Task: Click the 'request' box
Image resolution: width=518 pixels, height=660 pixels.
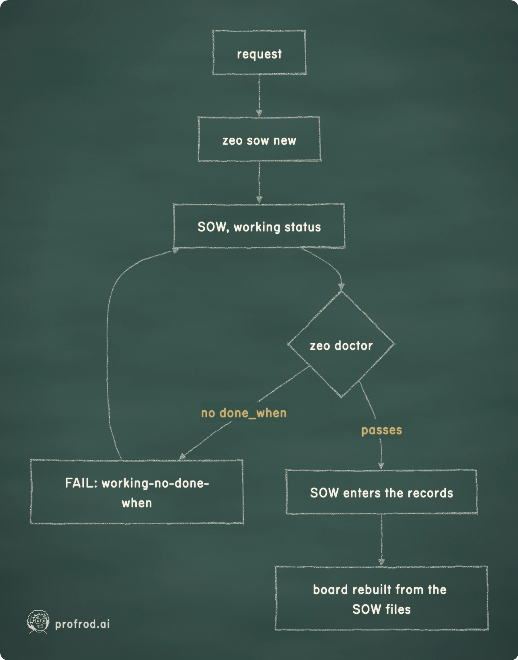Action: pyautogui.click(x=259, y=52)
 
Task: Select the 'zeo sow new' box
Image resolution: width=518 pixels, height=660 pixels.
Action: pyautogui.click(x=259, y=139)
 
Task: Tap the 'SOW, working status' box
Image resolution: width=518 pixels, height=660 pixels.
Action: pyautogui.click(x=259, y=226)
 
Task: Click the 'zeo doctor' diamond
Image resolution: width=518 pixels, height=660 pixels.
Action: pyautogui.click(x=341, y=344)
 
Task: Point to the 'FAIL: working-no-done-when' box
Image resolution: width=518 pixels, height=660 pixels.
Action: pyautogui.click(x=137, y=492)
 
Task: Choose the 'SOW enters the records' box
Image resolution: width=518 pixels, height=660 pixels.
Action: pyautogui.click(x=381, y=492)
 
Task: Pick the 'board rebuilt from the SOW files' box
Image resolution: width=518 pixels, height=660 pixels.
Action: pyautogui.click(x=381, y=598)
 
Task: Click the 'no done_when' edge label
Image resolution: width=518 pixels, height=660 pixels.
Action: pyautogui.click(x=244, y=413)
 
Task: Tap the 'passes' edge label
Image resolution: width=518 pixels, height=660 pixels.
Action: pyautogui.click(x=382, y=430)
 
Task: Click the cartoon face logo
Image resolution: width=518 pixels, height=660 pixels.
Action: pyautogui.click(x=38, y=622)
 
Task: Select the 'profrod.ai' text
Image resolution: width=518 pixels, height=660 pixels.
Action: pyautogui.click(x=82, y=624)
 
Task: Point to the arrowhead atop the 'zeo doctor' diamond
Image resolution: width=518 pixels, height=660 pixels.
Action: pyautogui.click(x=341, y=287)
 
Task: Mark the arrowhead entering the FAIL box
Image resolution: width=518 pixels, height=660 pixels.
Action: pyautogui.click(x=183, y=457)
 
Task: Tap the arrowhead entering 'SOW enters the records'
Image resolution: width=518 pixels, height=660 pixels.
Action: pyautogui.click(x=381, y=466)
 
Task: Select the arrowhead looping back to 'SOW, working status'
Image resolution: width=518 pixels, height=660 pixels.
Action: pyautogui.click(x=176, y=250)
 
